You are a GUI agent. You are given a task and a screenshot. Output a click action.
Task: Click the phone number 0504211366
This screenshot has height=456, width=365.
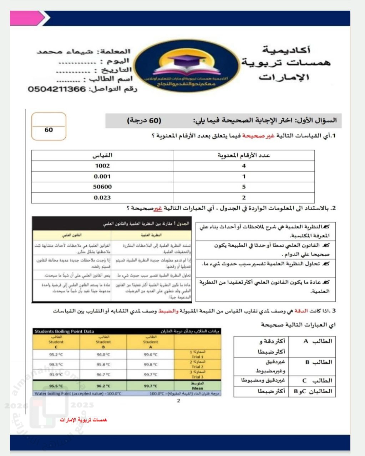click(x=57, y=89)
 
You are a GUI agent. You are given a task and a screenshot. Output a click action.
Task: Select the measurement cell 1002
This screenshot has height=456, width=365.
click(x=102, y=166)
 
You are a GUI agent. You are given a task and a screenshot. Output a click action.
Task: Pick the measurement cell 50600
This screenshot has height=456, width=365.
click(x=102, y=187)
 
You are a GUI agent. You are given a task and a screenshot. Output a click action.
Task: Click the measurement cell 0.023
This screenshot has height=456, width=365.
click(x=102, y=197)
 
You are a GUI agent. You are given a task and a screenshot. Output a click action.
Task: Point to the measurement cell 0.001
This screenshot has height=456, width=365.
click(x=102, y=176)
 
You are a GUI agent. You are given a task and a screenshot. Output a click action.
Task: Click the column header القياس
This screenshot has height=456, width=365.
click(x=102, y=155)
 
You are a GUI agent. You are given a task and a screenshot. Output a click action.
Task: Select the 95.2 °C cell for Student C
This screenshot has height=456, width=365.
click(x=56, y=354)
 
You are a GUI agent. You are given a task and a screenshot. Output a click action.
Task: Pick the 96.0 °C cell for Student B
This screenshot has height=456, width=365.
click(x=103, y=354)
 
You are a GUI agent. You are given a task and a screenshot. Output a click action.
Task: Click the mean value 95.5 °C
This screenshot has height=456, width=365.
click(x=56, y=386)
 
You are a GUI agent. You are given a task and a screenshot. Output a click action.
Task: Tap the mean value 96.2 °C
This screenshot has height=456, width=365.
click(x=103, y=386)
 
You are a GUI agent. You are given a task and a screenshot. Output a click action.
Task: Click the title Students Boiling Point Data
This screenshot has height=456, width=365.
click(x=64, y=331)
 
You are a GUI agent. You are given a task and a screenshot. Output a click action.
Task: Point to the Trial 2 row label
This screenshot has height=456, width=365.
click(x=197, y=364)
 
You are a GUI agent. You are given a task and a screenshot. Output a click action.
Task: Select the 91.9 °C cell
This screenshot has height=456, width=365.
click(x=56, y=374)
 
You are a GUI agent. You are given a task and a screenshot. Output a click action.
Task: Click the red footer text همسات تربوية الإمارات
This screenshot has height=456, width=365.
click(x=83, y=420)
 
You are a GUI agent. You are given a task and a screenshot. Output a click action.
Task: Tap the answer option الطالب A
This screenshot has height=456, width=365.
click(x=317, y=341)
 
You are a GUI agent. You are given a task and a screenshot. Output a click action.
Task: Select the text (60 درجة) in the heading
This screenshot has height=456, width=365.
click(x=144, y=120)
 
